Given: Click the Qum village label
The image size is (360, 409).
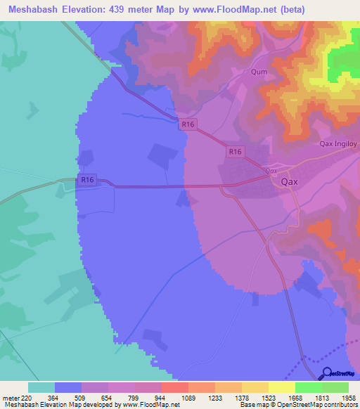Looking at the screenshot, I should [x=259, y=72].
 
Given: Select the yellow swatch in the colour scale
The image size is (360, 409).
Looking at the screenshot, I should [x=281, y=387].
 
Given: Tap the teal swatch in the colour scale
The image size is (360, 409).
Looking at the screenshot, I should [x=41, y=387].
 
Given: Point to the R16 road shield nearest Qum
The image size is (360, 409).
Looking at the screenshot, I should [x=188, y=124].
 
